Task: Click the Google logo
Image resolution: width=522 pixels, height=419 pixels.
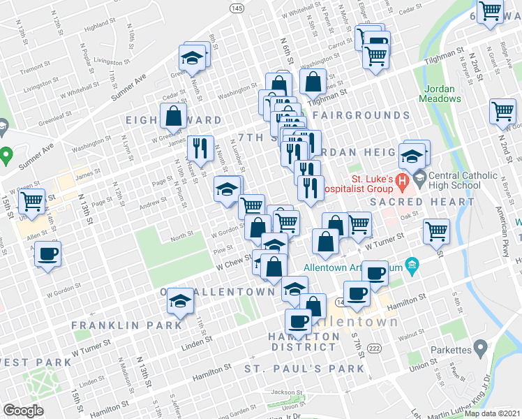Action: pyautogui.click(x=22, y=411)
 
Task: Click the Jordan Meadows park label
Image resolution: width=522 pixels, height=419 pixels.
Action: pyautogui.click(x=442, y=94)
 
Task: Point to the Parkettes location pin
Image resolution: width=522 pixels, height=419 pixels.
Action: pyautogui.click(x=480, y=347)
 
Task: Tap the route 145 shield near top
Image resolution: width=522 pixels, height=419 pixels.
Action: pyautogui.click(x=237, y=7)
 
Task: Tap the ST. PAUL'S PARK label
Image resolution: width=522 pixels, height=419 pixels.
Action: pyautogui.click(x=304, y=368)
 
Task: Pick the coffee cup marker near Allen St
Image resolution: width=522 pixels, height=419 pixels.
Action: pyautogui.click(x=47, y=254)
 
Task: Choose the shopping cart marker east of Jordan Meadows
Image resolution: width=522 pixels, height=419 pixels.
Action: pyautogui.click(x=502, y=111)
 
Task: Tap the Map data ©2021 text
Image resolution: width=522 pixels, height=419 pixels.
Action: pyautogui.click(x=492, y=413)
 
